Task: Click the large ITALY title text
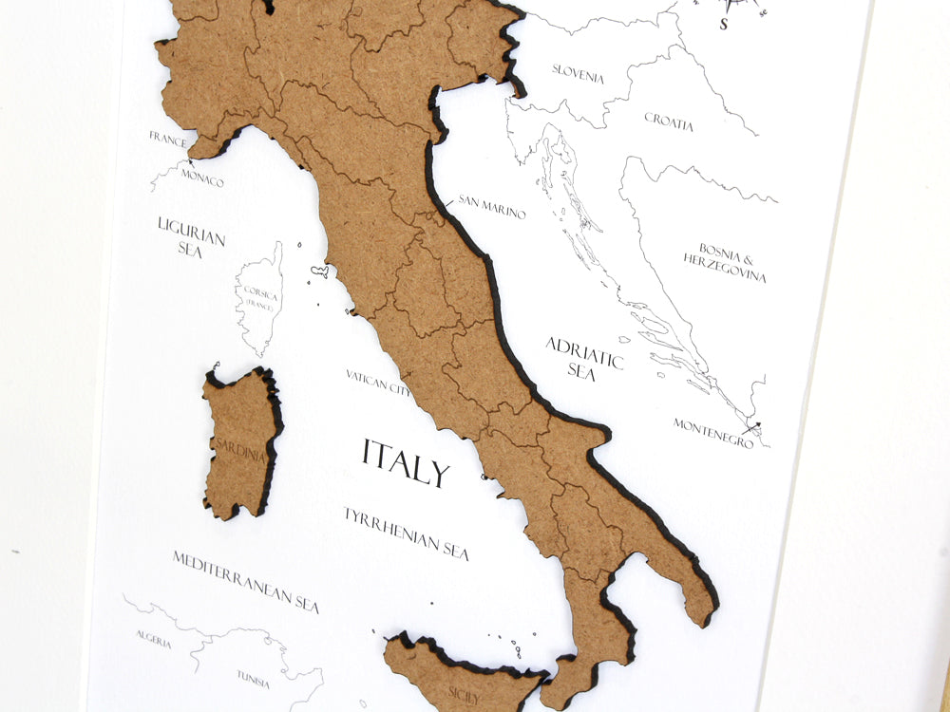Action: [x=405, y=462]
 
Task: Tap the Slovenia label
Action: [x=578, y=74]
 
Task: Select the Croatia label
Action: [x=669, y=122]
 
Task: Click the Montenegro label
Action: [x=713, y=432]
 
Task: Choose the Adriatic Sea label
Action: [x=583, y=358]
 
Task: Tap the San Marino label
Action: [x=491, y=207]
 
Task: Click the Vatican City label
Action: [x=378, y=382]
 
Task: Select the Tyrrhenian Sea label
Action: [x=406, y=532]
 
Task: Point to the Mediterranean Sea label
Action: [x=245, y=580]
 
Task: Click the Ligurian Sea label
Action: [x=191, y=235]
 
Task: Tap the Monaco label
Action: [x=202, y=178]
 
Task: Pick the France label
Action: [x=167, y=138]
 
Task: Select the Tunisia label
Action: [x=253, y=679]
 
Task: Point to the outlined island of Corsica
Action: [x=260, y=299]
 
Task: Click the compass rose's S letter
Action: [x=724, y=25]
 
